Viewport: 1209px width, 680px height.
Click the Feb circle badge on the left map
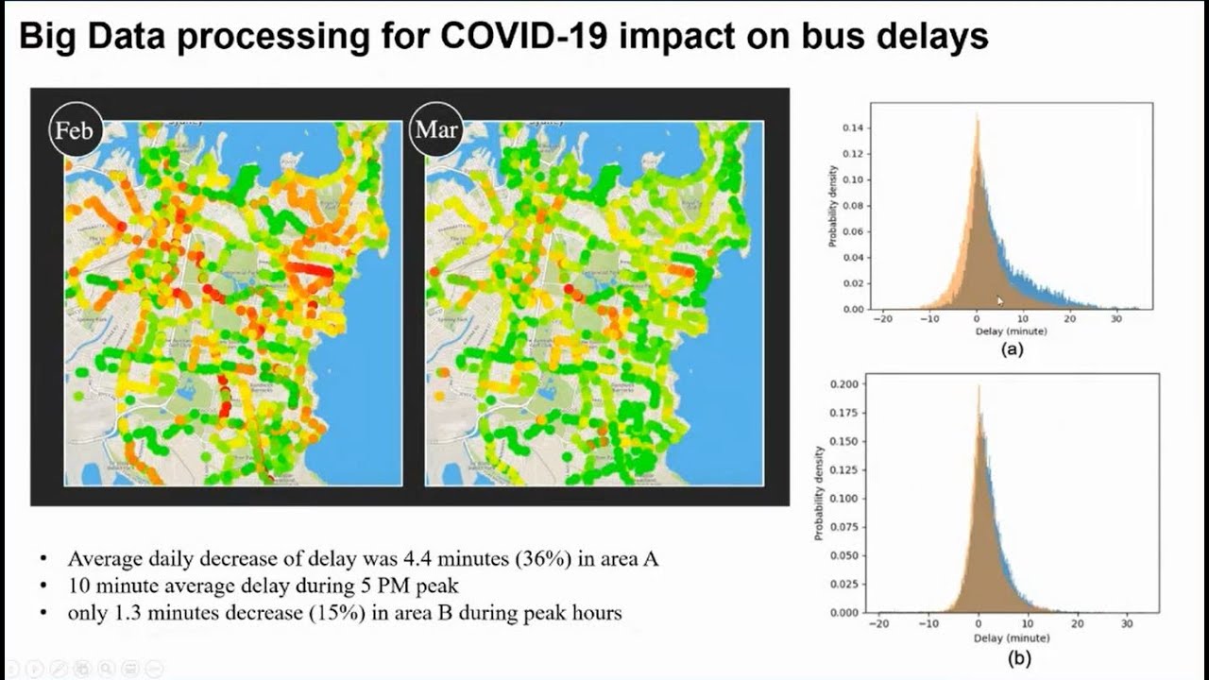click(75, 129)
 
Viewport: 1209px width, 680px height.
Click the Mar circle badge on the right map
click(435, 129)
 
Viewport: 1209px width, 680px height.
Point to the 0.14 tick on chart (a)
click(853, 127)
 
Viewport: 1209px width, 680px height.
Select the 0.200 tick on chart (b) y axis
click(843, 384)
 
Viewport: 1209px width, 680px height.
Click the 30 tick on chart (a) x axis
click(1115, 319)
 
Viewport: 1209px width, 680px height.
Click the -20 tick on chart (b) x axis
click(877, 624)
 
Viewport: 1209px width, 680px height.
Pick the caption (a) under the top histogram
click(1012, 348)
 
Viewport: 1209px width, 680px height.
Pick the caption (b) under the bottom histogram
click(1019, 658)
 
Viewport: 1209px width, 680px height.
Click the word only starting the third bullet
click(86, 613)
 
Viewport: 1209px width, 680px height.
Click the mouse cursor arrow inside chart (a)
click(1000, 301)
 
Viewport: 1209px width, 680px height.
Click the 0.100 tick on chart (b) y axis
click(843, 499)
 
